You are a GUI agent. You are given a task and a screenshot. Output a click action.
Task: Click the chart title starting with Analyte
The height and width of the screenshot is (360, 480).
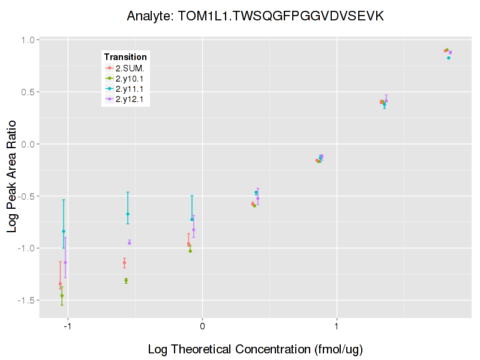click(x=255, y=16)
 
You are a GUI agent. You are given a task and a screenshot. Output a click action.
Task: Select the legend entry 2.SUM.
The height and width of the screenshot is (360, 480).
click(x=129, y=68)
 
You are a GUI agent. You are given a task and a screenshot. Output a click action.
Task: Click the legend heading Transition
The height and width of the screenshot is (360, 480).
click(x=125, y=57)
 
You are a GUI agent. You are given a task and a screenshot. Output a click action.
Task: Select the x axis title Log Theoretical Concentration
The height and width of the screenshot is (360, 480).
click(x=255, y=349)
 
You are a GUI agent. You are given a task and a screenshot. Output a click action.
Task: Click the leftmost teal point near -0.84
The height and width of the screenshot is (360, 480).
click(x=64, y=232)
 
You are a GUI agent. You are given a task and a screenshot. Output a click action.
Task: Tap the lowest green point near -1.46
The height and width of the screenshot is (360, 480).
click(x=62, y=296)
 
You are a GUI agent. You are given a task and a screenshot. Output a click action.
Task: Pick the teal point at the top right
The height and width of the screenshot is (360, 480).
click(x=448, y=58)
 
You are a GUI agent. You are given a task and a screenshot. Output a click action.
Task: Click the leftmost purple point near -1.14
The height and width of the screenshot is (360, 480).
click(x=65, y=262)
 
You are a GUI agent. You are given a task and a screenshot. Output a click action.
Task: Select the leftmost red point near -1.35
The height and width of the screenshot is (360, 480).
click(x=60, y=284)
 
